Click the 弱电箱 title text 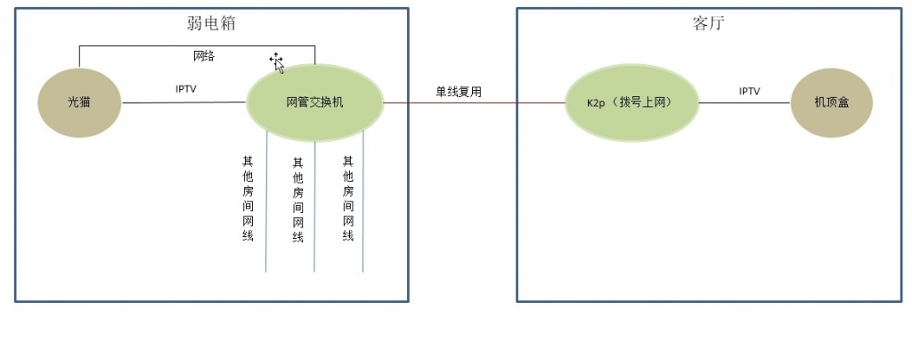coord(211,24)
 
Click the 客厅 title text coord(709,24)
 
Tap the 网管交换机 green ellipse coord(314,102)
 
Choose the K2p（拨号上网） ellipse coord(631,102)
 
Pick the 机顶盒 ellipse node coord(831,102)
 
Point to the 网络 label coord(204,56)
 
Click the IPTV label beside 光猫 coord(186,89)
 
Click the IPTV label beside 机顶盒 coord(749,91)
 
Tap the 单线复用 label coord(459,91)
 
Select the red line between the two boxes coord(472,103)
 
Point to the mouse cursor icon coord(277,61)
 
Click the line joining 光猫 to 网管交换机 coord(183,102)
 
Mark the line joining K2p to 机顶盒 coord(745,103)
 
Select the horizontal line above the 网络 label coord(196,45)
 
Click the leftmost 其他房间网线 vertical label coord(248,199)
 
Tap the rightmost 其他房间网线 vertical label coord(348,199)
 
